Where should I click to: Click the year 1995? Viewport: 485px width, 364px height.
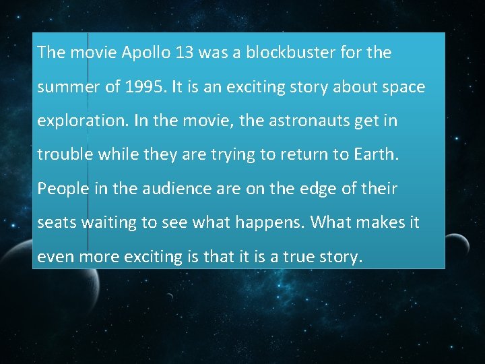(x=145, y=87)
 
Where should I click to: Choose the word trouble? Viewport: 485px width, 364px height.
(x=65, y=155)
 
